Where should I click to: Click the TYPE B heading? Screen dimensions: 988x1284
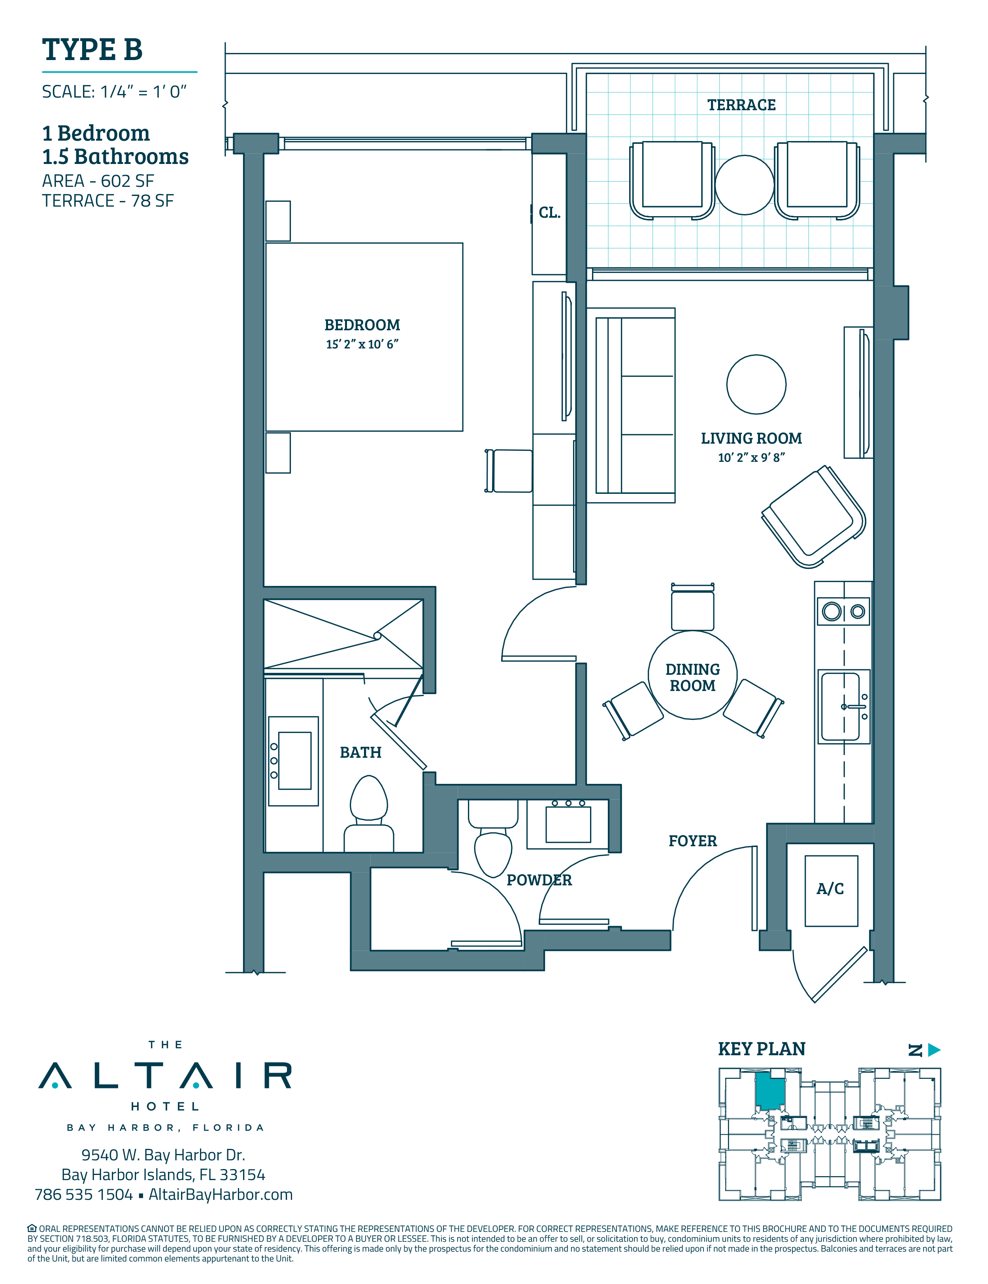92,49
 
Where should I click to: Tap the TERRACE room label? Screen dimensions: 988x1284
741,105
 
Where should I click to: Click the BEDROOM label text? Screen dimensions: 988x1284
362,325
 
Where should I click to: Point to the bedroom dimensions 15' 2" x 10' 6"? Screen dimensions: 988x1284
362,345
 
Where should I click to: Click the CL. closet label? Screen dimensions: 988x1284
549,213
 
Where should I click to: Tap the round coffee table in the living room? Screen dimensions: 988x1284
756,384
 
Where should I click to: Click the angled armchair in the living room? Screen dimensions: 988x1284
813,517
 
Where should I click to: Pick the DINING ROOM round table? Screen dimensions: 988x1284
693,675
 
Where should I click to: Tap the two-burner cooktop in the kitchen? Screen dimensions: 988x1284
844,612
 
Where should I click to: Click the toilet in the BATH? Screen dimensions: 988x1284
369,814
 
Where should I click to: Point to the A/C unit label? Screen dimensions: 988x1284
830,889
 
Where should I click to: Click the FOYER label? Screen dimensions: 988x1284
693,841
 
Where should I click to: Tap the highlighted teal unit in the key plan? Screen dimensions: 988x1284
770,1091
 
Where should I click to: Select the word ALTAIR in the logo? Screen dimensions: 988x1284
165,1076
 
